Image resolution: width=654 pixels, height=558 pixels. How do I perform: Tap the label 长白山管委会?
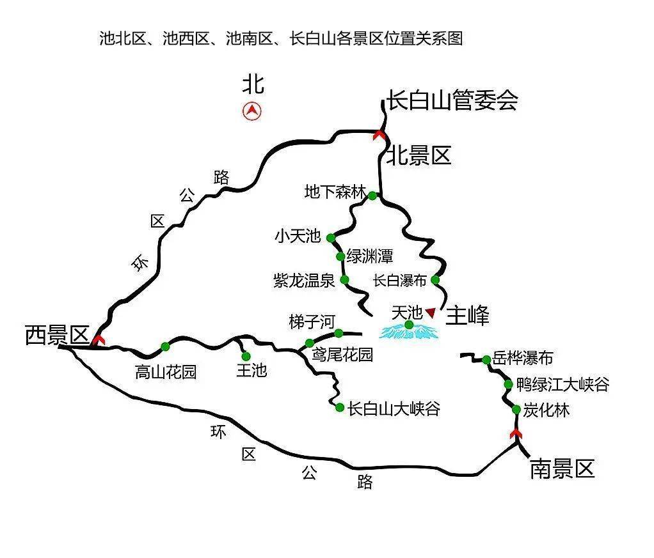[451, 100]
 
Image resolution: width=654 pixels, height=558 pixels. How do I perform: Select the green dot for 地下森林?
[372, 196]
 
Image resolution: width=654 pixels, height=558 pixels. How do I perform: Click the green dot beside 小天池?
[331, 238]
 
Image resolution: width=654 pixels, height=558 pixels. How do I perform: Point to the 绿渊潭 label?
[369, 257]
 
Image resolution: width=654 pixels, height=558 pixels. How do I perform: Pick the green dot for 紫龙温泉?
[344, 279]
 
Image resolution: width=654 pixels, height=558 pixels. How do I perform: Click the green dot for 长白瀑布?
[436, 279]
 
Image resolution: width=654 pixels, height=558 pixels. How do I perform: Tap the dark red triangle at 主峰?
[431, 312]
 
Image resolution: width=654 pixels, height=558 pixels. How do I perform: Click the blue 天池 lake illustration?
[409, 331]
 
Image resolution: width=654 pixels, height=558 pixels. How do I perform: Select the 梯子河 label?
[312, 322]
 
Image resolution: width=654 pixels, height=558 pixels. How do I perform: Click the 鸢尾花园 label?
[342, 355]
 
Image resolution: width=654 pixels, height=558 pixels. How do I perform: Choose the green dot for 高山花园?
[166, 346]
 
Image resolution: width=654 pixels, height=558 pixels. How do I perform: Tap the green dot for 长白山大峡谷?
[340, 407]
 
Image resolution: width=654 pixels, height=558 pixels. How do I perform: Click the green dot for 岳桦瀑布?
[486, 360]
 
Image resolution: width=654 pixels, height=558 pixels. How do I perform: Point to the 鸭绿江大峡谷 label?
[562, 385]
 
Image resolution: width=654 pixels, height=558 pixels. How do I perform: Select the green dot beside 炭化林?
[516, 409]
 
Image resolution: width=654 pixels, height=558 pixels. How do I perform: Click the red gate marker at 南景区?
[515, 435]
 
